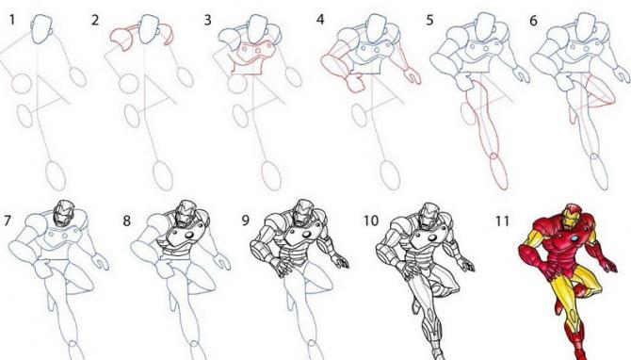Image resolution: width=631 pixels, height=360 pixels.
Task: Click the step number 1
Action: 12,20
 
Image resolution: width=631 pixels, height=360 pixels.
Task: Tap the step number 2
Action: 95,20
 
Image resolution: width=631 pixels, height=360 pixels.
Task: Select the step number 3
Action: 207,20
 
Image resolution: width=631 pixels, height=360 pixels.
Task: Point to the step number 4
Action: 320,20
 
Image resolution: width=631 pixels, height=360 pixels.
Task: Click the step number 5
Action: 429,20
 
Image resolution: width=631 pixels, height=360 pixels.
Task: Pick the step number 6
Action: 534,20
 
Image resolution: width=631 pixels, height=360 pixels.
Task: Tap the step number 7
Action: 8,221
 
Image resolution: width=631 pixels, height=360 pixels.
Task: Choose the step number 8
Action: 127,221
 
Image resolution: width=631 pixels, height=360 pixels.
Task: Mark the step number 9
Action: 245,221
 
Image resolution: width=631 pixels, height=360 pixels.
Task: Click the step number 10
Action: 371,221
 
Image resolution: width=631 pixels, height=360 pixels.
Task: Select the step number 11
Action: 502,221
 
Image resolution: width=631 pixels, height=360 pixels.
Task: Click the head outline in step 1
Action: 41,29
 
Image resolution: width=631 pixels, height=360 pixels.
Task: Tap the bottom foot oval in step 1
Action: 56,174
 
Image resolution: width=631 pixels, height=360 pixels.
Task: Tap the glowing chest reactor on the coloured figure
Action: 574,238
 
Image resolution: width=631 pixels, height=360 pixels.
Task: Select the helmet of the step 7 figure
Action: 64,213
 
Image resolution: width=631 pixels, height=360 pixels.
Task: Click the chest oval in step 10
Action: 431,238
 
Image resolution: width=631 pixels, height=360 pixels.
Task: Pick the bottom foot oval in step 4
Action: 390,174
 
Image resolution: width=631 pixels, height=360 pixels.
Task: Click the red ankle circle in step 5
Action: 493,156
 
